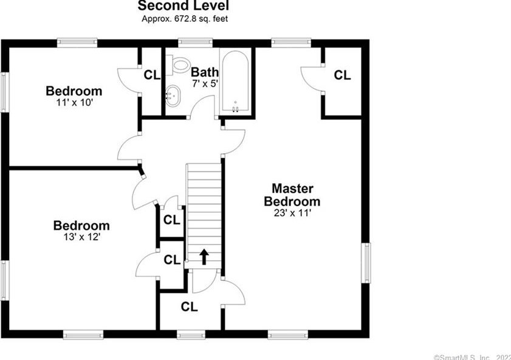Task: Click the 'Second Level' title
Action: pos(183,7)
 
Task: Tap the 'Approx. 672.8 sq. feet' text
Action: pos(185,19)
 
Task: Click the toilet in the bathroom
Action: pos(179,63)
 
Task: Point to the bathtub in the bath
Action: pos(235,82)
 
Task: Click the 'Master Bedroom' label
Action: pos(292,195)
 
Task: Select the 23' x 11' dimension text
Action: pos(292,213)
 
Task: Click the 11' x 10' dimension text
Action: pos(74,103)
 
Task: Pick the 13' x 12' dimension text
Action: pos(81,237)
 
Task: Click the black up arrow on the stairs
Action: pos(204,257)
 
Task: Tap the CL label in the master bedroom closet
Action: pos(343,75)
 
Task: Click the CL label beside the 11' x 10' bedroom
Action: pos(152,75)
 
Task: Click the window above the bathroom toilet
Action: pos(191,43)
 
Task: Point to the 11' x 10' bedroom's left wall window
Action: pos(4,92)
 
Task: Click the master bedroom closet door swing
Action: pos(312,79)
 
